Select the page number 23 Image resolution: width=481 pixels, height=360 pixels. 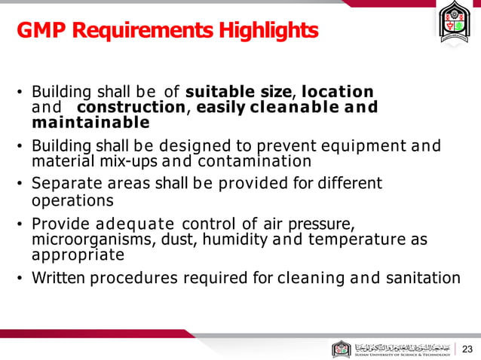(467, 349)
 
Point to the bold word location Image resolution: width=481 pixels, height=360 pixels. (337, 93)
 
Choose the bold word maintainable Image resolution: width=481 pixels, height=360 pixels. (90, 122)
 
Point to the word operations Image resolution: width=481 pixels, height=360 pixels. (72, 200)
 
